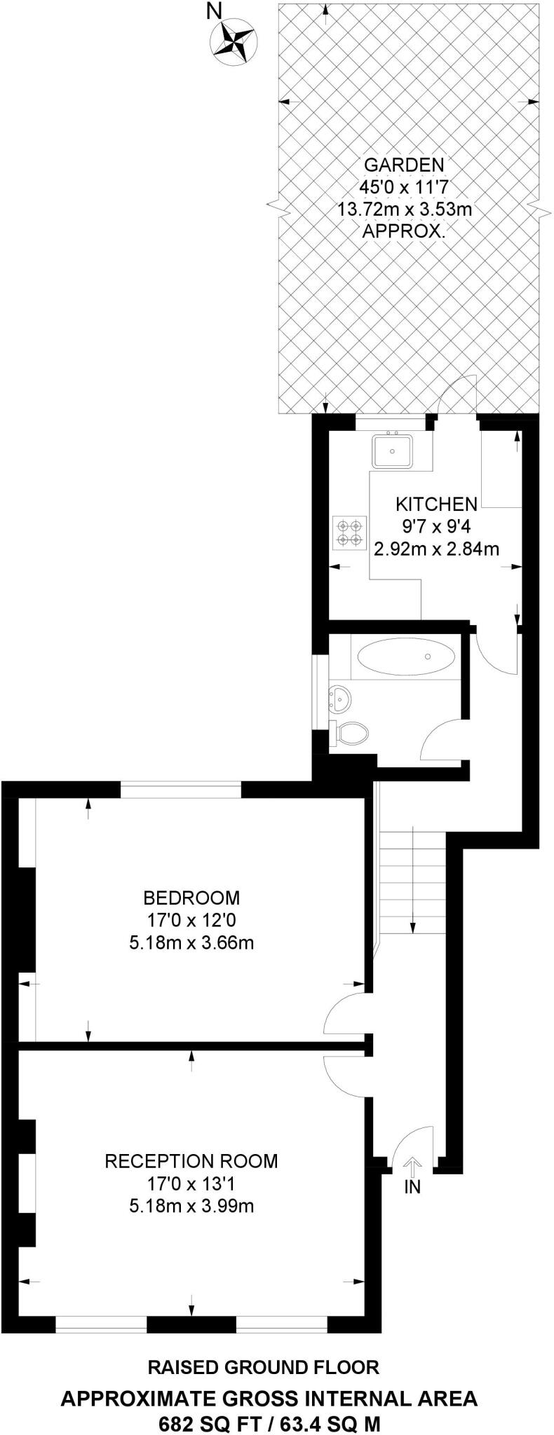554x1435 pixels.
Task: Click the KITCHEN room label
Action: click(436, 503)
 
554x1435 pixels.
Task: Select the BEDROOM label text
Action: click(191, 897)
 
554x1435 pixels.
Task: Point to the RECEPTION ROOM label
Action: click(191, 1160)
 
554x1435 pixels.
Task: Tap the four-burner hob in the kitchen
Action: click(349, 533)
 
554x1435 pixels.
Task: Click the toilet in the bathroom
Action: click(351, 733)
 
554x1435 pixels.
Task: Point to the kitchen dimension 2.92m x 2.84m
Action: click(436, 549)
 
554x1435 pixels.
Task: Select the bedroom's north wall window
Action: click(181, 790)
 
